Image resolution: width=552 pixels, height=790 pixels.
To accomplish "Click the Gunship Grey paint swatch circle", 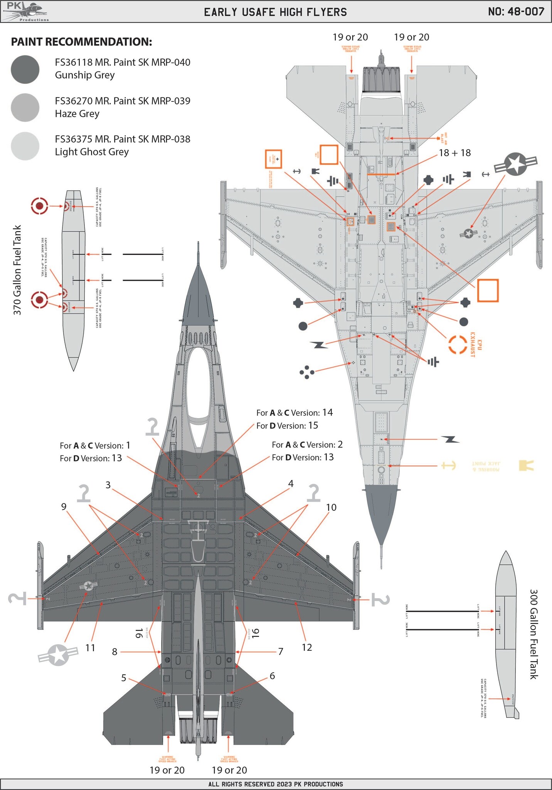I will tap(25, 69).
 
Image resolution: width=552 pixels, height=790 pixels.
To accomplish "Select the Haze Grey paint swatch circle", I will tap(25, 108).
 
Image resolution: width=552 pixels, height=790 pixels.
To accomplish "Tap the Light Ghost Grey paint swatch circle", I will tap(25, 146).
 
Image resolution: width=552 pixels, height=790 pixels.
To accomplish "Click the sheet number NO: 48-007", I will tap(516, 12).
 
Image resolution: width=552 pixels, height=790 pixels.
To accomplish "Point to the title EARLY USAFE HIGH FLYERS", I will tap(275, 12).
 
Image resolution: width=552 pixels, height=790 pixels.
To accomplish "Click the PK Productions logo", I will tap(25, 12).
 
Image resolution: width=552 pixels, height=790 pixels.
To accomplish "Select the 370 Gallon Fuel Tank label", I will tap(17, 270).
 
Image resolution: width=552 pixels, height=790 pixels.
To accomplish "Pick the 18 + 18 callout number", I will tap(455, 153).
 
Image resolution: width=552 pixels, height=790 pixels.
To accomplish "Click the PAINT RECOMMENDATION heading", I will tap(81, 42).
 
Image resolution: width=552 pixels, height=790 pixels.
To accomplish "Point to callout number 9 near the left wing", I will tap(64, 506).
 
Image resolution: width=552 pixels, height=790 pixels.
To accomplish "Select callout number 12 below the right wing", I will tap(306, 647).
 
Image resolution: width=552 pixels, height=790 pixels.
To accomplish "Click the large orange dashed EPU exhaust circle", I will tap(458, 344).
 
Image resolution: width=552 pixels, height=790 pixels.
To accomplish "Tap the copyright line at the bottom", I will tap(276, 784).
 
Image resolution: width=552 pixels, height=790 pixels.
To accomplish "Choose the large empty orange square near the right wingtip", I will tap(488, 290).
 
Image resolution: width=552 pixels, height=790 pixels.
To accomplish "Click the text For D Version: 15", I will tap(287, 425).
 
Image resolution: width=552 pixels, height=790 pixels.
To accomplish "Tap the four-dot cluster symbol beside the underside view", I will tap(307, 372).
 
